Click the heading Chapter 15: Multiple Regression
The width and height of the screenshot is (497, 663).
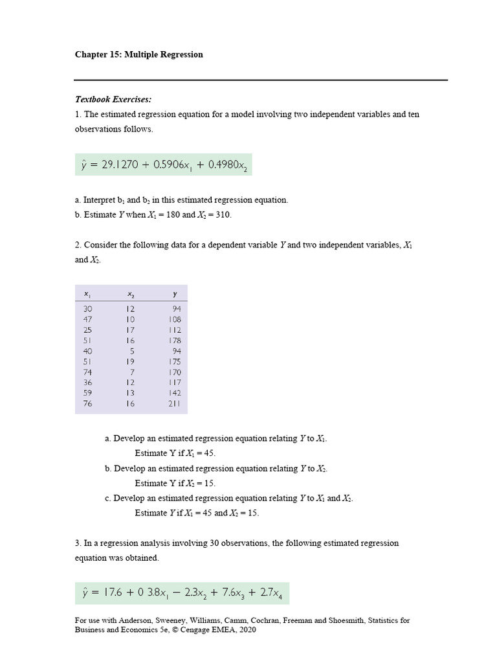[138, 54]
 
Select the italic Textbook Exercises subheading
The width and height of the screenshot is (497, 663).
[113, 99]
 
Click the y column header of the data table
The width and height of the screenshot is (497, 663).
[175, 294]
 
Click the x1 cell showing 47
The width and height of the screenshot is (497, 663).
[88, 319]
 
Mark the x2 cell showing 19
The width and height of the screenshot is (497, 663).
[131, 361]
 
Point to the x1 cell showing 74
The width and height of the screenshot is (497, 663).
[88, 372]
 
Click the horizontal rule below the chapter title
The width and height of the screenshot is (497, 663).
[261, 80]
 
